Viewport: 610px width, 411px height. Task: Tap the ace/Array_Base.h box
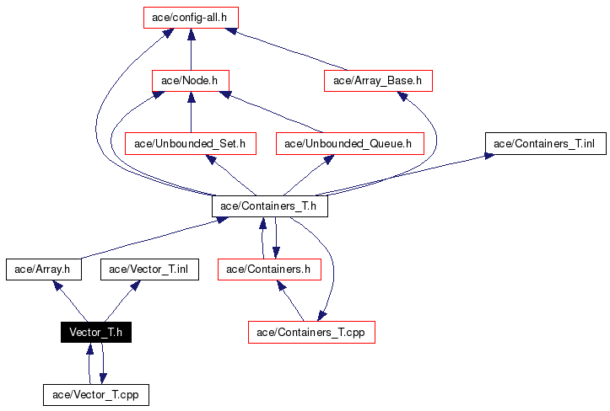coord(378,81)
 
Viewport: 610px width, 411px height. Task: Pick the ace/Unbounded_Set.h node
coord(190,144)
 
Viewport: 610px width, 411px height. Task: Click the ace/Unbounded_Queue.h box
coord(348,144)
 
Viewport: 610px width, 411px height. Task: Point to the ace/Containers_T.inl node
coord(544,143)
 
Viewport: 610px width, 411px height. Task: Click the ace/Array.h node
coord(43,270)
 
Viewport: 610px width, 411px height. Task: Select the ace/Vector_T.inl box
coord(149,270)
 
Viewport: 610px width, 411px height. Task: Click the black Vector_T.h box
coord(95,332)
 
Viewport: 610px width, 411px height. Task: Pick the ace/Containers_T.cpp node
coord(311,332)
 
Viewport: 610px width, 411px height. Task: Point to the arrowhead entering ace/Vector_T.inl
coord(134,286)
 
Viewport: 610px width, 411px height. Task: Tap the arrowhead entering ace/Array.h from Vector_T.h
coord(58,286)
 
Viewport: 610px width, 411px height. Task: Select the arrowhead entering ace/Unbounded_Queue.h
coord(327,160)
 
